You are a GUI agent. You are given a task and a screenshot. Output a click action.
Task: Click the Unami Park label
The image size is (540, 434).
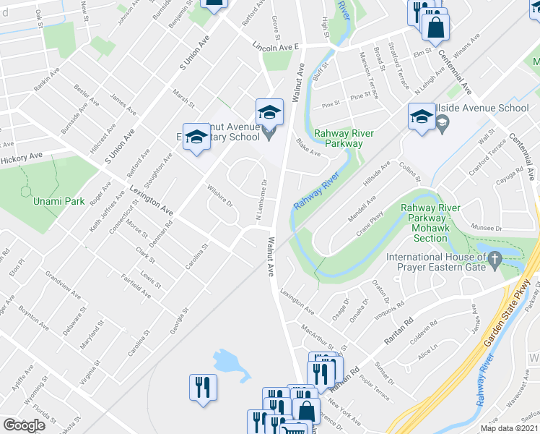click(x=60, y=200)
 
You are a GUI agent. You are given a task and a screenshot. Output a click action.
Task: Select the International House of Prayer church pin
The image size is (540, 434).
click(x=495, y=258)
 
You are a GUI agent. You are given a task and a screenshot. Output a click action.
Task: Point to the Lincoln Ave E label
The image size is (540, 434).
click(x=276, y=46)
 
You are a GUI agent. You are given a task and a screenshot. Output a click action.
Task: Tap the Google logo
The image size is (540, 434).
click(x=25, y=425)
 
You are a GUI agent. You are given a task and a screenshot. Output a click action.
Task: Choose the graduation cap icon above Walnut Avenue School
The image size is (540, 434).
click(x=269, y=112)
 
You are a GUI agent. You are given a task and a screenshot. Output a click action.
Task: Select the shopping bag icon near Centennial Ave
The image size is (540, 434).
click(x=436, y=28)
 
